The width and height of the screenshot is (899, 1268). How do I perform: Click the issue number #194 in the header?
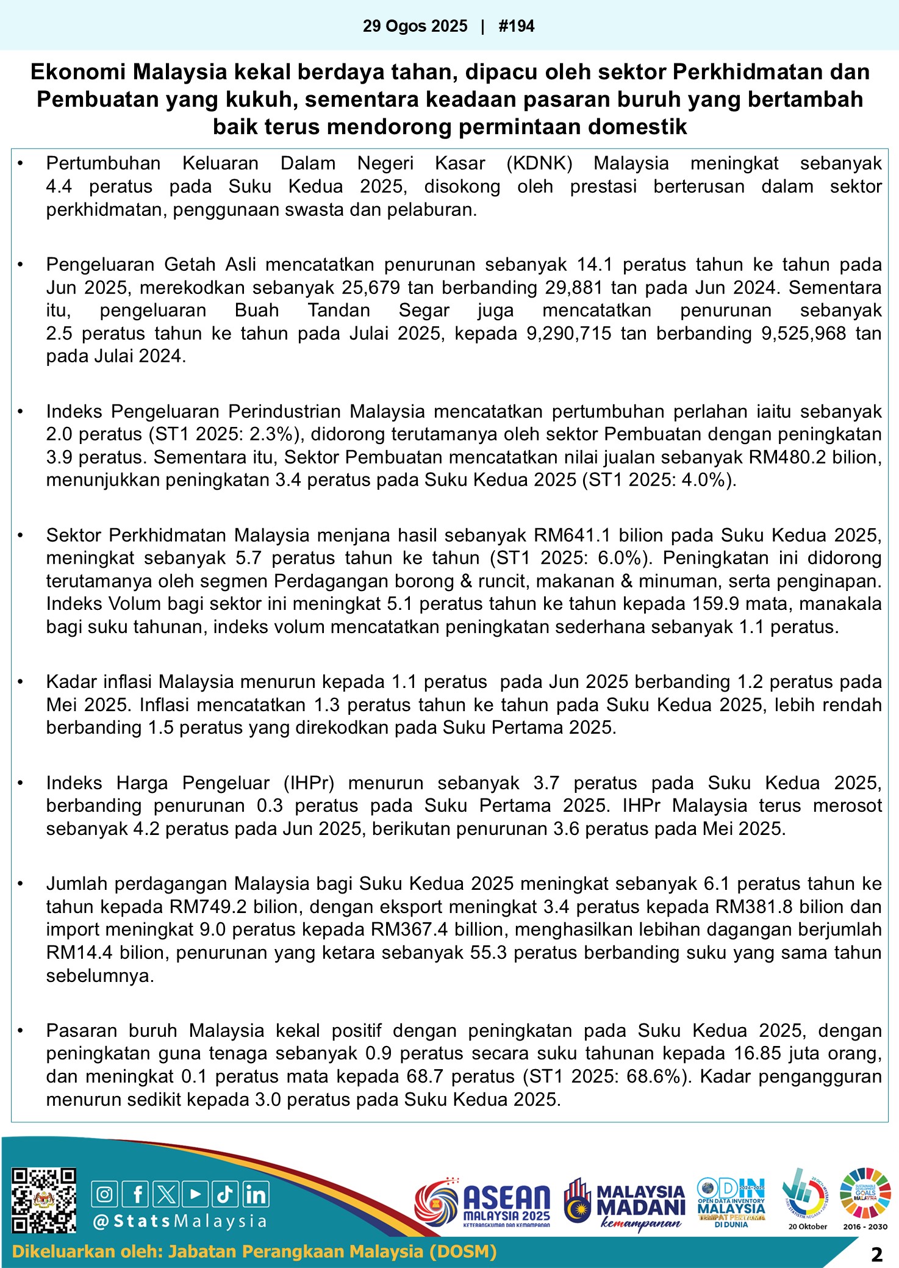[516, 26]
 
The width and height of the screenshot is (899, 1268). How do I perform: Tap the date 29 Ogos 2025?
[415, 26]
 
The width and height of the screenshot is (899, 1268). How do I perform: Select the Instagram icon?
[105, 1194]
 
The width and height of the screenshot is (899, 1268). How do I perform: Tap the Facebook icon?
[135, 1194]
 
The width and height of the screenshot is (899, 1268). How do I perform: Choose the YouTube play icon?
[195, 1194]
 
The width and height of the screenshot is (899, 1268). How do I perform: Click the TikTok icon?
[225, 1194]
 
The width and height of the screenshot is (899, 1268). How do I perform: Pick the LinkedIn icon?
[256, 1194]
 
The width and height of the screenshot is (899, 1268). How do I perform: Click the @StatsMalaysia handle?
[180, 1222]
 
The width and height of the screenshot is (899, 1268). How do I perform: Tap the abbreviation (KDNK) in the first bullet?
[539, 163]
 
